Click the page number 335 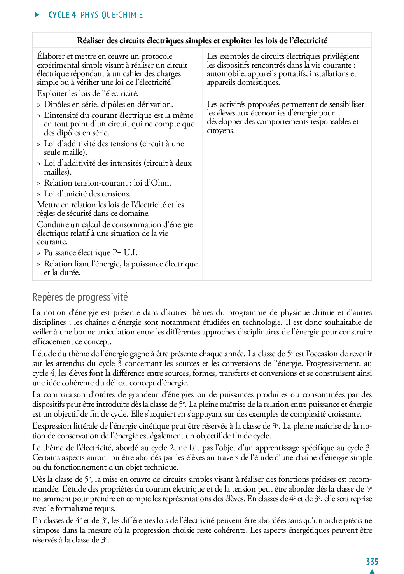click(x=372, y=562)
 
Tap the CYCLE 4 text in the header click(x=62, y=15)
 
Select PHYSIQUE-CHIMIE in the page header click(x=112, y=15)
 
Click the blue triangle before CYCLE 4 click(x=37, y=15)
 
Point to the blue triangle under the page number click(x=372, y=571)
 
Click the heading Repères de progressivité click(x=80, y=297)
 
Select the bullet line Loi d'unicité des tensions click(x=87, y=194)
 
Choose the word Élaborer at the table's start click(x=52, y=56)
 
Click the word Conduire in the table click(x=52, y=224)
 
